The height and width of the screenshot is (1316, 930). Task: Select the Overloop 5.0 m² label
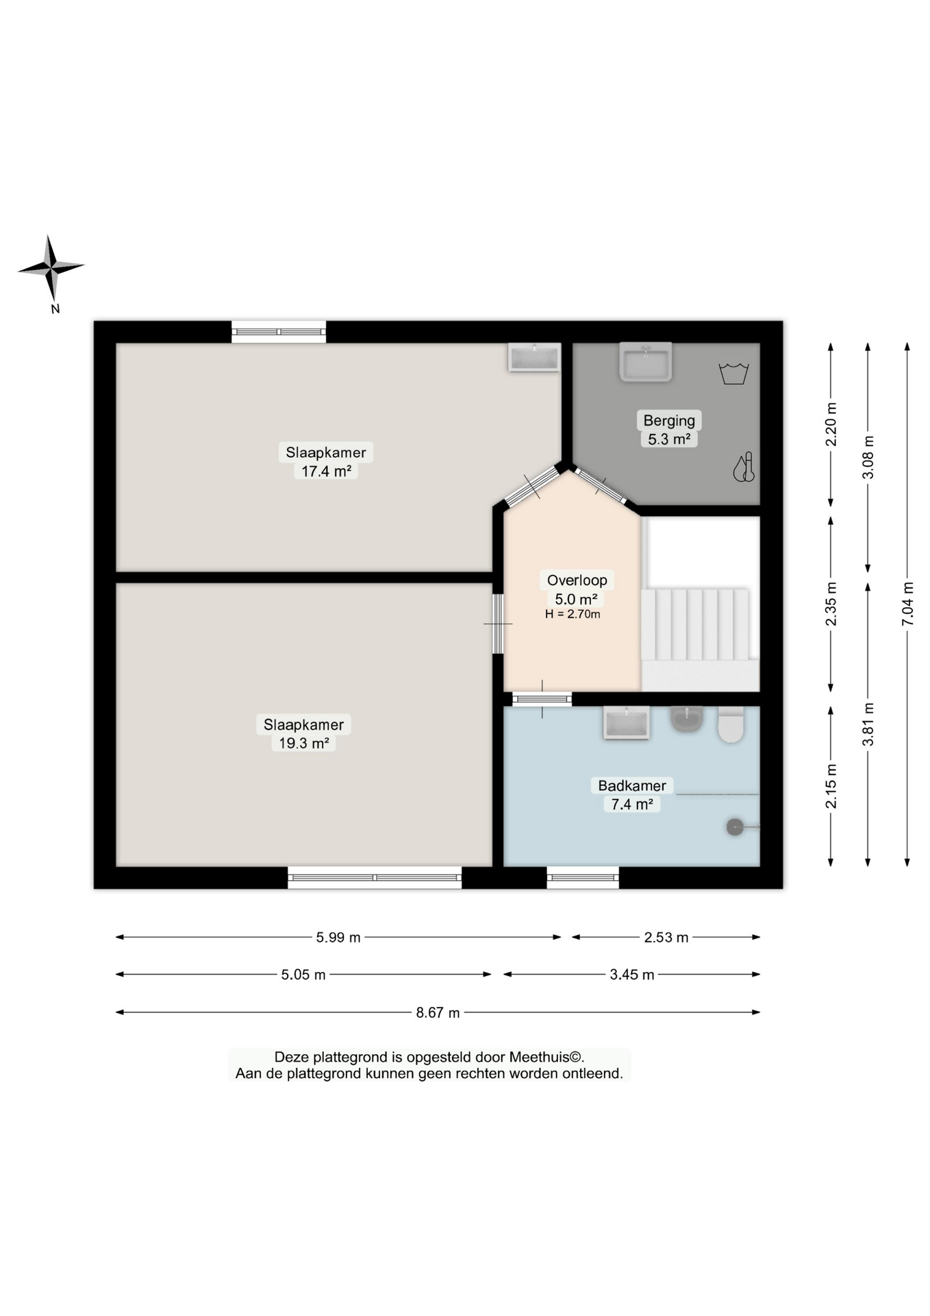(x=577, y=589)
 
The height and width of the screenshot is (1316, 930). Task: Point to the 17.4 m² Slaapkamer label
(x=326, y=461)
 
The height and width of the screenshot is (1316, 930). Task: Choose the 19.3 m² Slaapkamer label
(x=304, y=733)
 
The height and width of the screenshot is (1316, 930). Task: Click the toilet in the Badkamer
(x=731, y=725)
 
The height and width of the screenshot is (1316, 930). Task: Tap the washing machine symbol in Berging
(x=733, y=374)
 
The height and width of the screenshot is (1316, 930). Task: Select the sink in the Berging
(x=645, y=361)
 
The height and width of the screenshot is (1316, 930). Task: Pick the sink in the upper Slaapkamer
(x=534, y=357)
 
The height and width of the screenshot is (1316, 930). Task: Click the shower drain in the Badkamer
(x=735, y=827)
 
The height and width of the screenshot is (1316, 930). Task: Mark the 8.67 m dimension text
(x=438, y=1012)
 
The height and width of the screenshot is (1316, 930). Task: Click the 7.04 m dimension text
(x=907, y=603)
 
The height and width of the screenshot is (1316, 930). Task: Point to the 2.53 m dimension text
(x=666, y=937)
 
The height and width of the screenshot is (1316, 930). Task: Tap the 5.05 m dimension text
(x=303, y=975)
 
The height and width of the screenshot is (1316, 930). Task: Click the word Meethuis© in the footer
(x=546, y=1057)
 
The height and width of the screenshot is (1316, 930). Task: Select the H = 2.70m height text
(x=573, y=614)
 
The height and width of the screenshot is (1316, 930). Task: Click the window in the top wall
(x=279, y=332)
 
